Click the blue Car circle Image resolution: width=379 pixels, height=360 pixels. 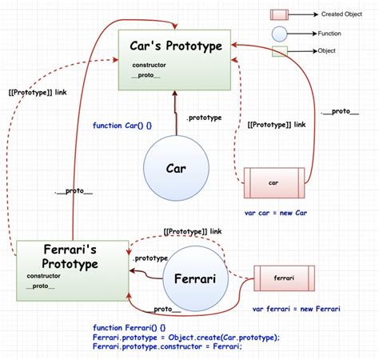pos(176,170)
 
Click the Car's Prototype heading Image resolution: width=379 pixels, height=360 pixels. pos(176,46)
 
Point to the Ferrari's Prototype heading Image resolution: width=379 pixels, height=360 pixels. pos(61,256)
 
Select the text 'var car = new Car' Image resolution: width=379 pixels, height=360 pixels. pos(276,214)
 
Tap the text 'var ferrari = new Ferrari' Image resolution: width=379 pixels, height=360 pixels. pos(296,309)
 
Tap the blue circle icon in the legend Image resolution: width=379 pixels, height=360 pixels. pos(279,34)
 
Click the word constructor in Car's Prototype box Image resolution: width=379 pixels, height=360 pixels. pos(150,65)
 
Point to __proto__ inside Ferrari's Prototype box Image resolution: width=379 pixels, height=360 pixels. pos(41,286)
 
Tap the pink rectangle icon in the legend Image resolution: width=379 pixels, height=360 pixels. pos(279,14)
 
